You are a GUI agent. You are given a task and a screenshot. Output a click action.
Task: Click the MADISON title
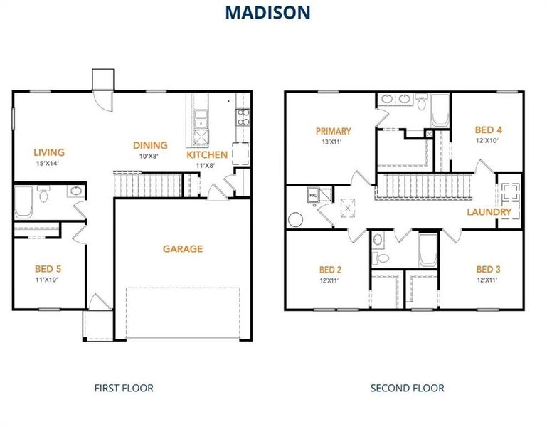coord(267,12)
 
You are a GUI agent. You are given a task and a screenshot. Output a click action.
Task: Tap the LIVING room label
coord(49,152)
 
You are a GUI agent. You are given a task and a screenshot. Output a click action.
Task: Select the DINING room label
coord(150,145)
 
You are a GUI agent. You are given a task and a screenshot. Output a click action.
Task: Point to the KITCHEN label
coord(207,155)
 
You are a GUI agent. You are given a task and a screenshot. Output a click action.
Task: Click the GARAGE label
coord(183,249)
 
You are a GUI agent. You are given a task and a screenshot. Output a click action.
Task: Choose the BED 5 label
coord(48,269)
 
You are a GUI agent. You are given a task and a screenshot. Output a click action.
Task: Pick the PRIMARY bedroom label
coord(334,131)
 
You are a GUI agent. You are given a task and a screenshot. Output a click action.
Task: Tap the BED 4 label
coord(489,130)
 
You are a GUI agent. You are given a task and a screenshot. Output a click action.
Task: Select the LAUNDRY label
coord(489,212)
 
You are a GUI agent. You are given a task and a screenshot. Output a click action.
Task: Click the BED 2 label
coord(330,270)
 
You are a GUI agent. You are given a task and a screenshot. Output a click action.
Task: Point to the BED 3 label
coord(489,270)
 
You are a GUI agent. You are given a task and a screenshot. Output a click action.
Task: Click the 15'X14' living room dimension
coord(48,164)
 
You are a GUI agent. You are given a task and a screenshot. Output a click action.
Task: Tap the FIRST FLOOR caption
coord(124,388)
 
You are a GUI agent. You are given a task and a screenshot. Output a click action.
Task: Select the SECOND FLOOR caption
coord(407,388)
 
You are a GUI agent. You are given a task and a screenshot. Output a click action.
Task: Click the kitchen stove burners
coord(243,117)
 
